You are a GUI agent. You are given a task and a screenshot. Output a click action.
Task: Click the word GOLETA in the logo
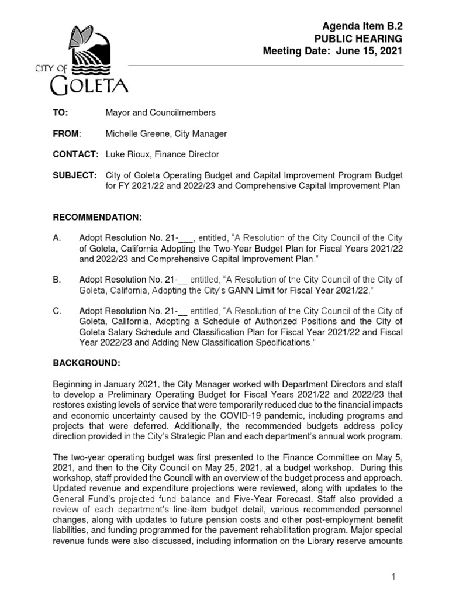87,88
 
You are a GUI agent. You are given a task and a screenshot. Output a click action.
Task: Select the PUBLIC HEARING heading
359,39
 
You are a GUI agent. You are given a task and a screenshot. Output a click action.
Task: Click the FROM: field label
65,134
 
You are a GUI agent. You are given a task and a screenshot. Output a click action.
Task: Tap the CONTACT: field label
74,154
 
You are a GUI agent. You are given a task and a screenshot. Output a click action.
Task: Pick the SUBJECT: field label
74,175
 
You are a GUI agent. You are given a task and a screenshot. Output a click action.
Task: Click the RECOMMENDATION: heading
98,217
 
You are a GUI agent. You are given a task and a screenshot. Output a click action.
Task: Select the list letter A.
57,238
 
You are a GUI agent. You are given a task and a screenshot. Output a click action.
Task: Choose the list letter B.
57,280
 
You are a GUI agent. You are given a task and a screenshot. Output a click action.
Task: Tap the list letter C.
57,312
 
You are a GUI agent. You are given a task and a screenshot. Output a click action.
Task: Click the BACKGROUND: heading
87,363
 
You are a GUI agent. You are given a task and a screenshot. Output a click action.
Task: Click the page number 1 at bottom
394,577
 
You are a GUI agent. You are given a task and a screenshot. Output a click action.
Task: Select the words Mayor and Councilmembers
160,112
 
